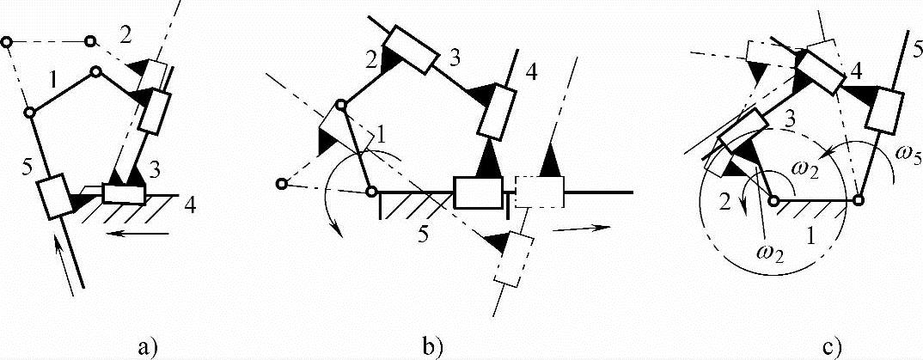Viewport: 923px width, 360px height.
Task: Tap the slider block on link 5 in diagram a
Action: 52,197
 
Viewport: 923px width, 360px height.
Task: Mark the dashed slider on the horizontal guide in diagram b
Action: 538,191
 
